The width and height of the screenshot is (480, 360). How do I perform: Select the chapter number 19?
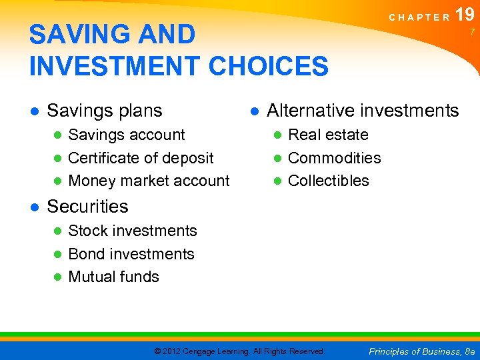465,15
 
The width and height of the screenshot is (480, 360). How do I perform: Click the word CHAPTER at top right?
419,17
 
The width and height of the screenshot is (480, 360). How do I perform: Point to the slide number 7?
472,32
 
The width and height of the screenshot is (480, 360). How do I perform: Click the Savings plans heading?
105,110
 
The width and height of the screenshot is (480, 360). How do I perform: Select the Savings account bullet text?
127,135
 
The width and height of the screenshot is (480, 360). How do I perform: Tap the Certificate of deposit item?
141,158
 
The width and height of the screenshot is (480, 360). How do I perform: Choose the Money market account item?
149,181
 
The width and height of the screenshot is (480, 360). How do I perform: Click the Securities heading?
87,207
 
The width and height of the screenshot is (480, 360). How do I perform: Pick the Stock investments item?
133,231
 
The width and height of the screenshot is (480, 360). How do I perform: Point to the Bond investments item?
131,254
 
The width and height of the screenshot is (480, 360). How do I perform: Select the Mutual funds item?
113,277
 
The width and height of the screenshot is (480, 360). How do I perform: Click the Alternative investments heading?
363,110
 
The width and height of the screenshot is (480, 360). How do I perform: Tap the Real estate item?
328,135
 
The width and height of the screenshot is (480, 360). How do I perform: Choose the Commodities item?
334,158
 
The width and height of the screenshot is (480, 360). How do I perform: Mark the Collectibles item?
328,181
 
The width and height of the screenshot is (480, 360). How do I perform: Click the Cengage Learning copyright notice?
239,351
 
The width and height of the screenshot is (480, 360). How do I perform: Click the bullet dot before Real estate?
277,135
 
